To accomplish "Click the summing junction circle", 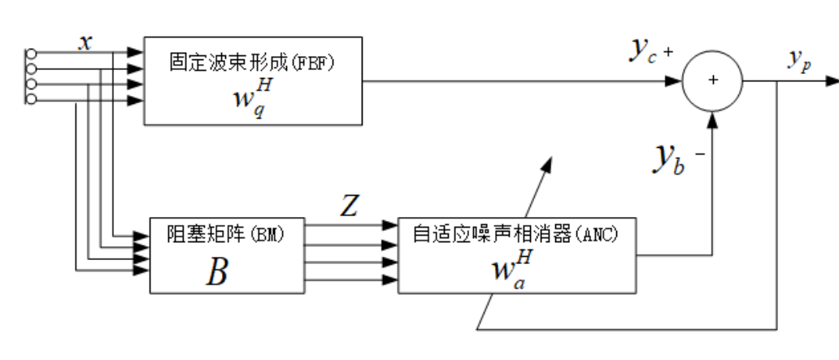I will (x=713, y=81).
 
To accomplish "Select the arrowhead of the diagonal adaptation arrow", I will (x=549, y=161).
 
